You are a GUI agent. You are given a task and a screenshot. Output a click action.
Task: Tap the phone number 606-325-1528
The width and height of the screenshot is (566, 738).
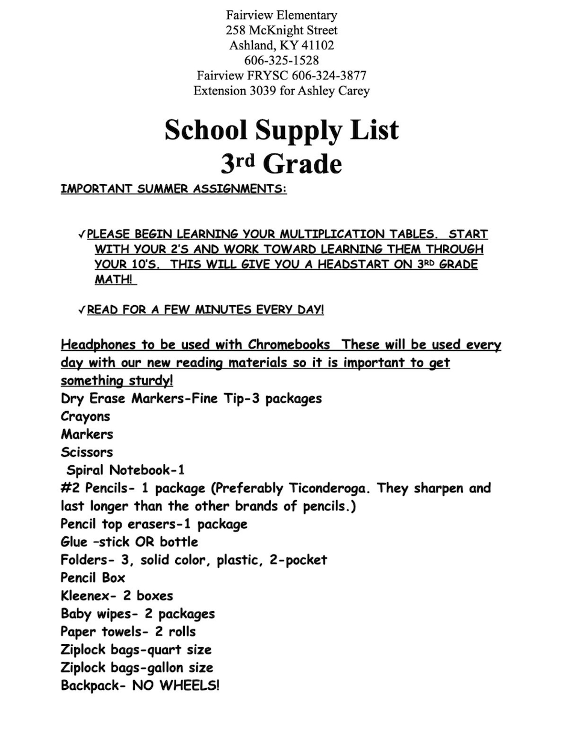click(281, 60)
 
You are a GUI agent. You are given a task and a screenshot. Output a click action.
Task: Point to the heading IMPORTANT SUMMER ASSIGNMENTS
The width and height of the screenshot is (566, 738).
click(173, 189)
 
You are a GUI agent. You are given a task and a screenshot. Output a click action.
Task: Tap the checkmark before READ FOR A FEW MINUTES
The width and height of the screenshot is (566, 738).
click(81, 310)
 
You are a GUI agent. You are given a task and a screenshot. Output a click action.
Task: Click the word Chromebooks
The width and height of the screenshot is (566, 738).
click(289, 345)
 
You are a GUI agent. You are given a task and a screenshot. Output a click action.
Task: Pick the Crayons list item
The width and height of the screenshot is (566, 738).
click(86, 417)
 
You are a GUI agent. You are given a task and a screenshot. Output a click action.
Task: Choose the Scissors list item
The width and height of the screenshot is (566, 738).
click(87, 452)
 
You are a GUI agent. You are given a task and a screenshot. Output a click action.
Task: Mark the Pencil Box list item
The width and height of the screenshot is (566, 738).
click(93, 578)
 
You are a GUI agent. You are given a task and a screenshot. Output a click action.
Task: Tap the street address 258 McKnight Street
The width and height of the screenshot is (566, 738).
click(281, 30)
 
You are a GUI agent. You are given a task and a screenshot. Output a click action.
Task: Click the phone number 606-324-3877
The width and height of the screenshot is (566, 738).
click(329, 76)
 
